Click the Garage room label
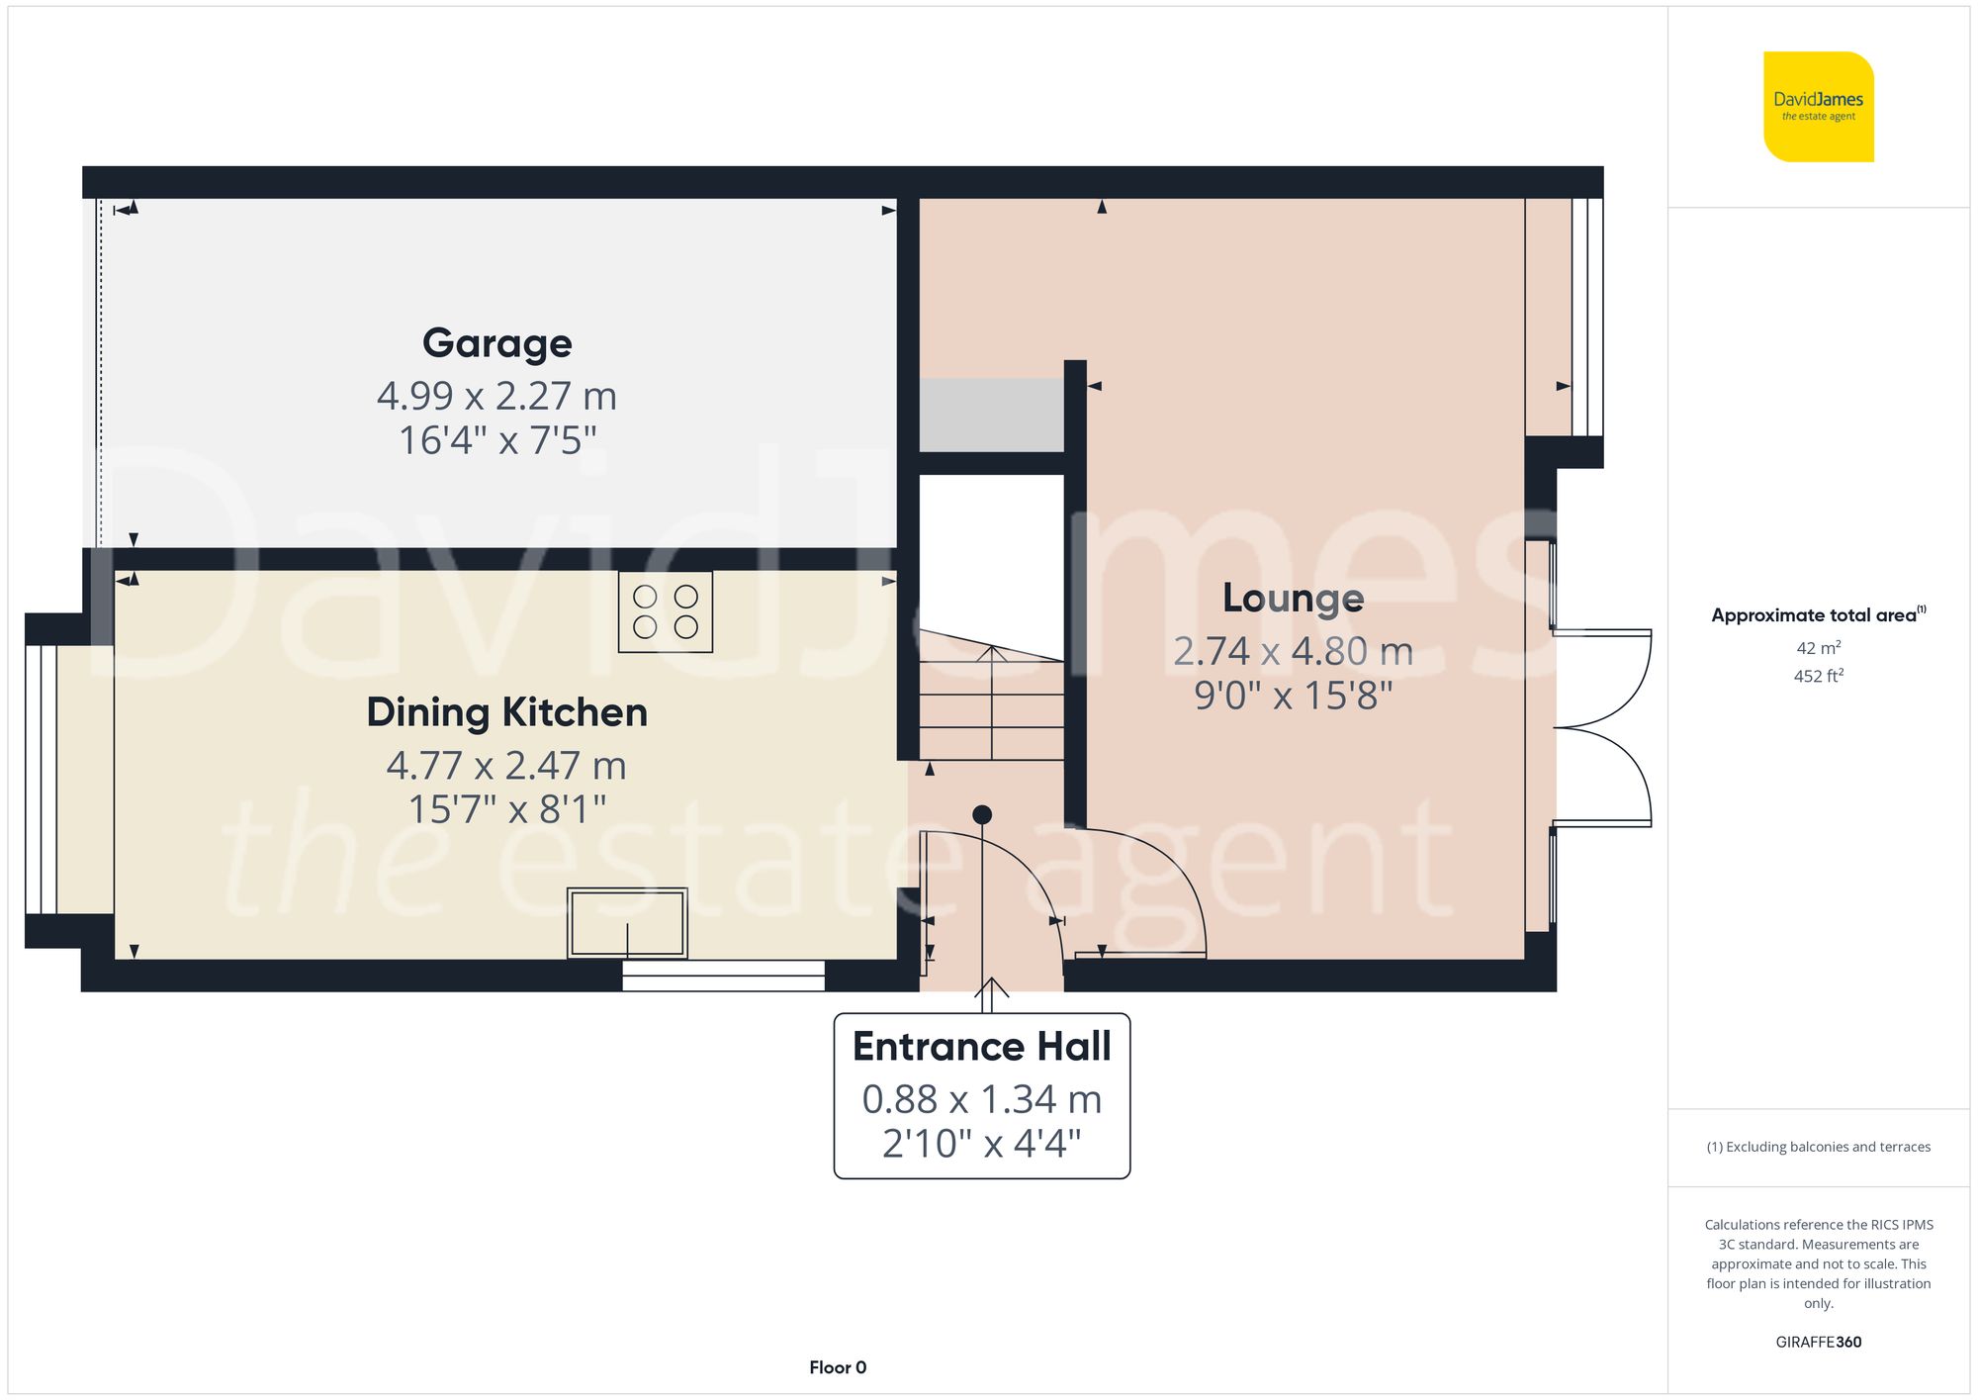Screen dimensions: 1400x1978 [x=496, y=343]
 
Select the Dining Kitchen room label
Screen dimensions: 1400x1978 [x=506, y=712]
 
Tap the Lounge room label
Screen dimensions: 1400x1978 [x=1293, y=598]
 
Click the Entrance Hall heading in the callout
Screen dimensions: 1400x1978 [x=981, y=1047]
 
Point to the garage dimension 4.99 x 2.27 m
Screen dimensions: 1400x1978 [x=496, y=396]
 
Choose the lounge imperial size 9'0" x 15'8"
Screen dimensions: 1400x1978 [x=1293, y=696]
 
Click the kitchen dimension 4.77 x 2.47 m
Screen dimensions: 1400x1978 [x=506, y=765]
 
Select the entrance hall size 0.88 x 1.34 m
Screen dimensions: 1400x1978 [x=981, y=1099]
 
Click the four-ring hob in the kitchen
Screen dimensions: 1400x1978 [x=665, y=611]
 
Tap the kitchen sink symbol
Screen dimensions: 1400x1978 [x=627, y=923]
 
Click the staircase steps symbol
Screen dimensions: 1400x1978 [x=991, y=702]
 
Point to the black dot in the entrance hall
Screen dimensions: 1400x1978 [x=981, y=814]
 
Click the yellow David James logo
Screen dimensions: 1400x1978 [x=1818, y=107]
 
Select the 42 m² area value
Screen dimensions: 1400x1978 [x=1818, y=648]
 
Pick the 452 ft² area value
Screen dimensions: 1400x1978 [x=1818, y=676]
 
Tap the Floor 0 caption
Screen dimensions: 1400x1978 [x=837, y=1367]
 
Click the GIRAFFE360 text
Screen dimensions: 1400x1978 [x=1818, y=1342]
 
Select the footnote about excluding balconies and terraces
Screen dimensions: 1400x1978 [x=1818, y=1147]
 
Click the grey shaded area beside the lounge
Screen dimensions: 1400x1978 [x=991, y=415]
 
